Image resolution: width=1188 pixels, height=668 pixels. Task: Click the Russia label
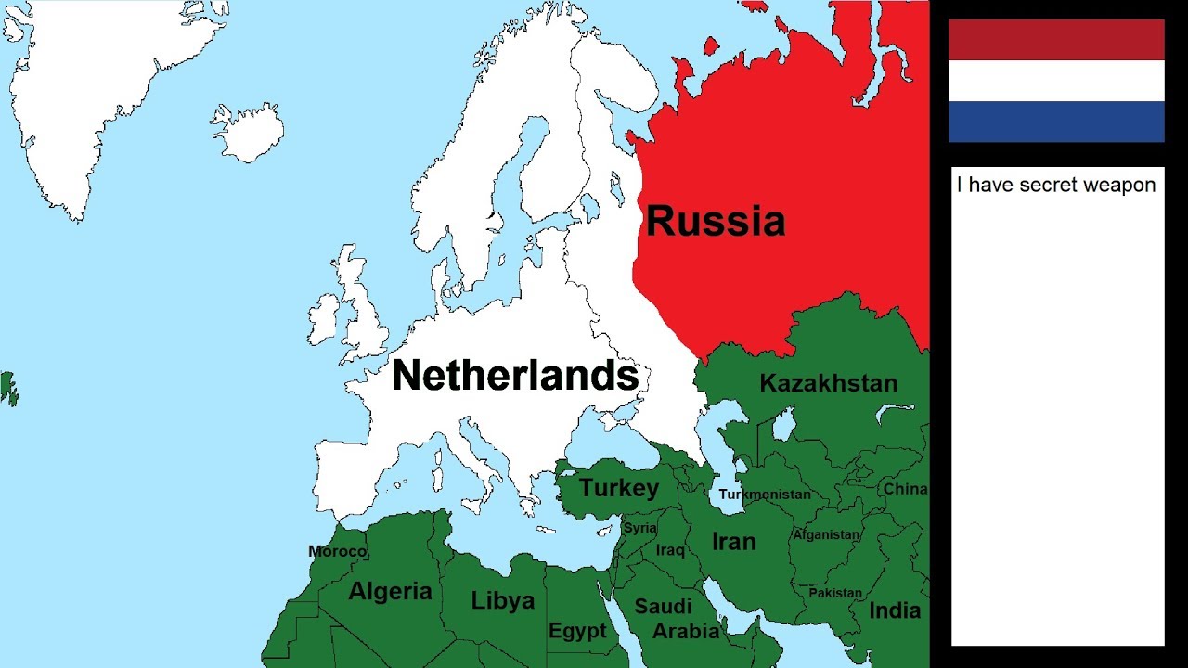click(716, 222)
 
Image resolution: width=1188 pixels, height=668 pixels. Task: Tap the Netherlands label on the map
click(515, 376)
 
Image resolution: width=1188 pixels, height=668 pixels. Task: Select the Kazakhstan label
click(829, 383)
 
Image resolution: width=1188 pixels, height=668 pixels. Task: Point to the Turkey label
click(619, 488)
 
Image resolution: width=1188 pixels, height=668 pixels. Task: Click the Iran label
click(733, 541)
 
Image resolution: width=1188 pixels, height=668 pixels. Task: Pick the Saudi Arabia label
click(675, 619)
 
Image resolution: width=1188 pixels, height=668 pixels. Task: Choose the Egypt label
click(576, 632)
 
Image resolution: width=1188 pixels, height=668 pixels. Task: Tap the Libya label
click(502, 600)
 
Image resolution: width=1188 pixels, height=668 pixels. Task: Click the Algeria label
click(390, 591)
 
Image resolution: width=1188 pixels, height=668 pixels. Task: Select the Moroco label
click(338, 552)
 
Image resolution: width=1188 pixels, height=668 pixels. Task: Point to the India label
click(895, 610)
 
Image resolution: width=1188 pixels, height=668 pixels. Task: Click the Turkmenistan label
click(765, 495)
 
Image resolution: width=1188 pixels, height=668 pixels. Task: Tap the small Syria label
click(640, 528)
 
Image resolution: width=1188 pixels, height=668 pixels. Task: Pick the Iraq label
click(670, 550)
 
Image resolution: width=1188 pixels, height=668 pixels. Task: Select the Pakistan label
click(835, 593)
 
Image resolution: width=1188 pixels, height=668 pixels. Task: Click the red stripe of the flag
click(1056, 40)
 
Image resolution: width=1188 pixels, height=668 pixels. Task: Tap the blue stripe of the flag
click(1056, 122)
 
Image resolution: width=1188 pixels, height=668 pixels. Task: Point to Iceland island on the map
click(248, 133)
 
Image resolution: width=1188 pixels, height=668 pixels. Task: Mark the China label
click(904, 489)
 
